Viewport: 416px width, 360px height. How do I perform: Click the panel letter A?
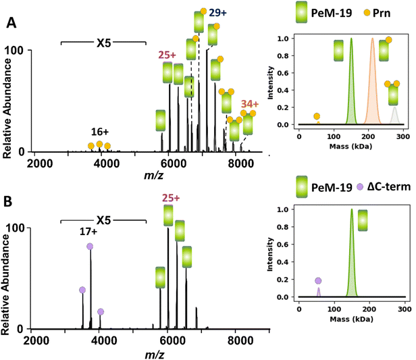coord(11,23)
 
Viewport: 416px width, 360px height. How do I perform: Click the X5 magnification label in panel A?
coord(103,42)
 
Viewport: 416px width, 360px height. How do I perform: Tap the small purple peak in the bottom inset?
coord(318,292)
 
